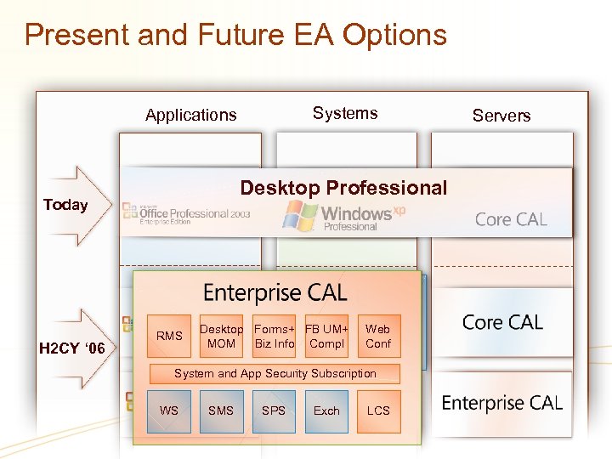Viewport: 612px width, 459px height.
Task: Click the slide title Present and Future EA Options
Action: [235, 35]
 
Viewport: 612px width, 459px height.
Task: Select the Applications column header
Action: [190, 115]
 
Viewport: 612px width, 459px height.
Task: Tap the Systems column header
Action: [344, 113]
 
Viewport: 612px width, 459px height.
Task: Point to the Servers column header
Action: [501, 116]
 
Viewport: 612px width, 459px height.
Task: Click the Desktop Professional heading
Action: [343, 188]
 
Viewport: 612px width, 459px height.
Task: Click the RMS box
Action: [169, 337]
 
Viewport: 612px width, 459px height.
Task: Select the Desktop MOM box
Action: [221, 337]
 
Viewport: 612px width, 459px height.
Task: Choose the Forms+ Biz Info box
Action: [275, 337]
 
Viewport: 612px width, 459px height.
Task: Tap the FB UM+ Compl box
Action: [326, 337]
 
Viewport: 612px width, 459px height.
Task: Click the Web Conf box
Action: [378, 337]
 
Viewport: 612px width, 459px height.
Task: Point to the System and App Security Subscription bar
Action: [275, 373]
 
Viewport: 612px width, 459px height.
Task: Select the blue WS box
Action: [169, 411]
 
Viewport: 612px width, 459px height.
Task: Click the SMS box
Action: [221, 411]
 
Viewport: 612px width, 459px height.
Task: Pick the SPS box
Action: [274, 411]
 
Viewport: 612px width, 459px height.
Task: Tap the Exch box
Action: [326, 411]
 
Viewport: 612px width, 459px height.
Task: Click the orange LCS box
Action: [378, 411]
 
